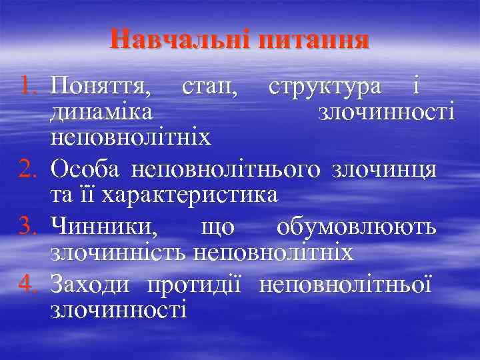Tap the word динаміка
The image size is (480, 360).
(100, 112)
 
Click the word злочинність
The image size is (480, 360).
(118, 253)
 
